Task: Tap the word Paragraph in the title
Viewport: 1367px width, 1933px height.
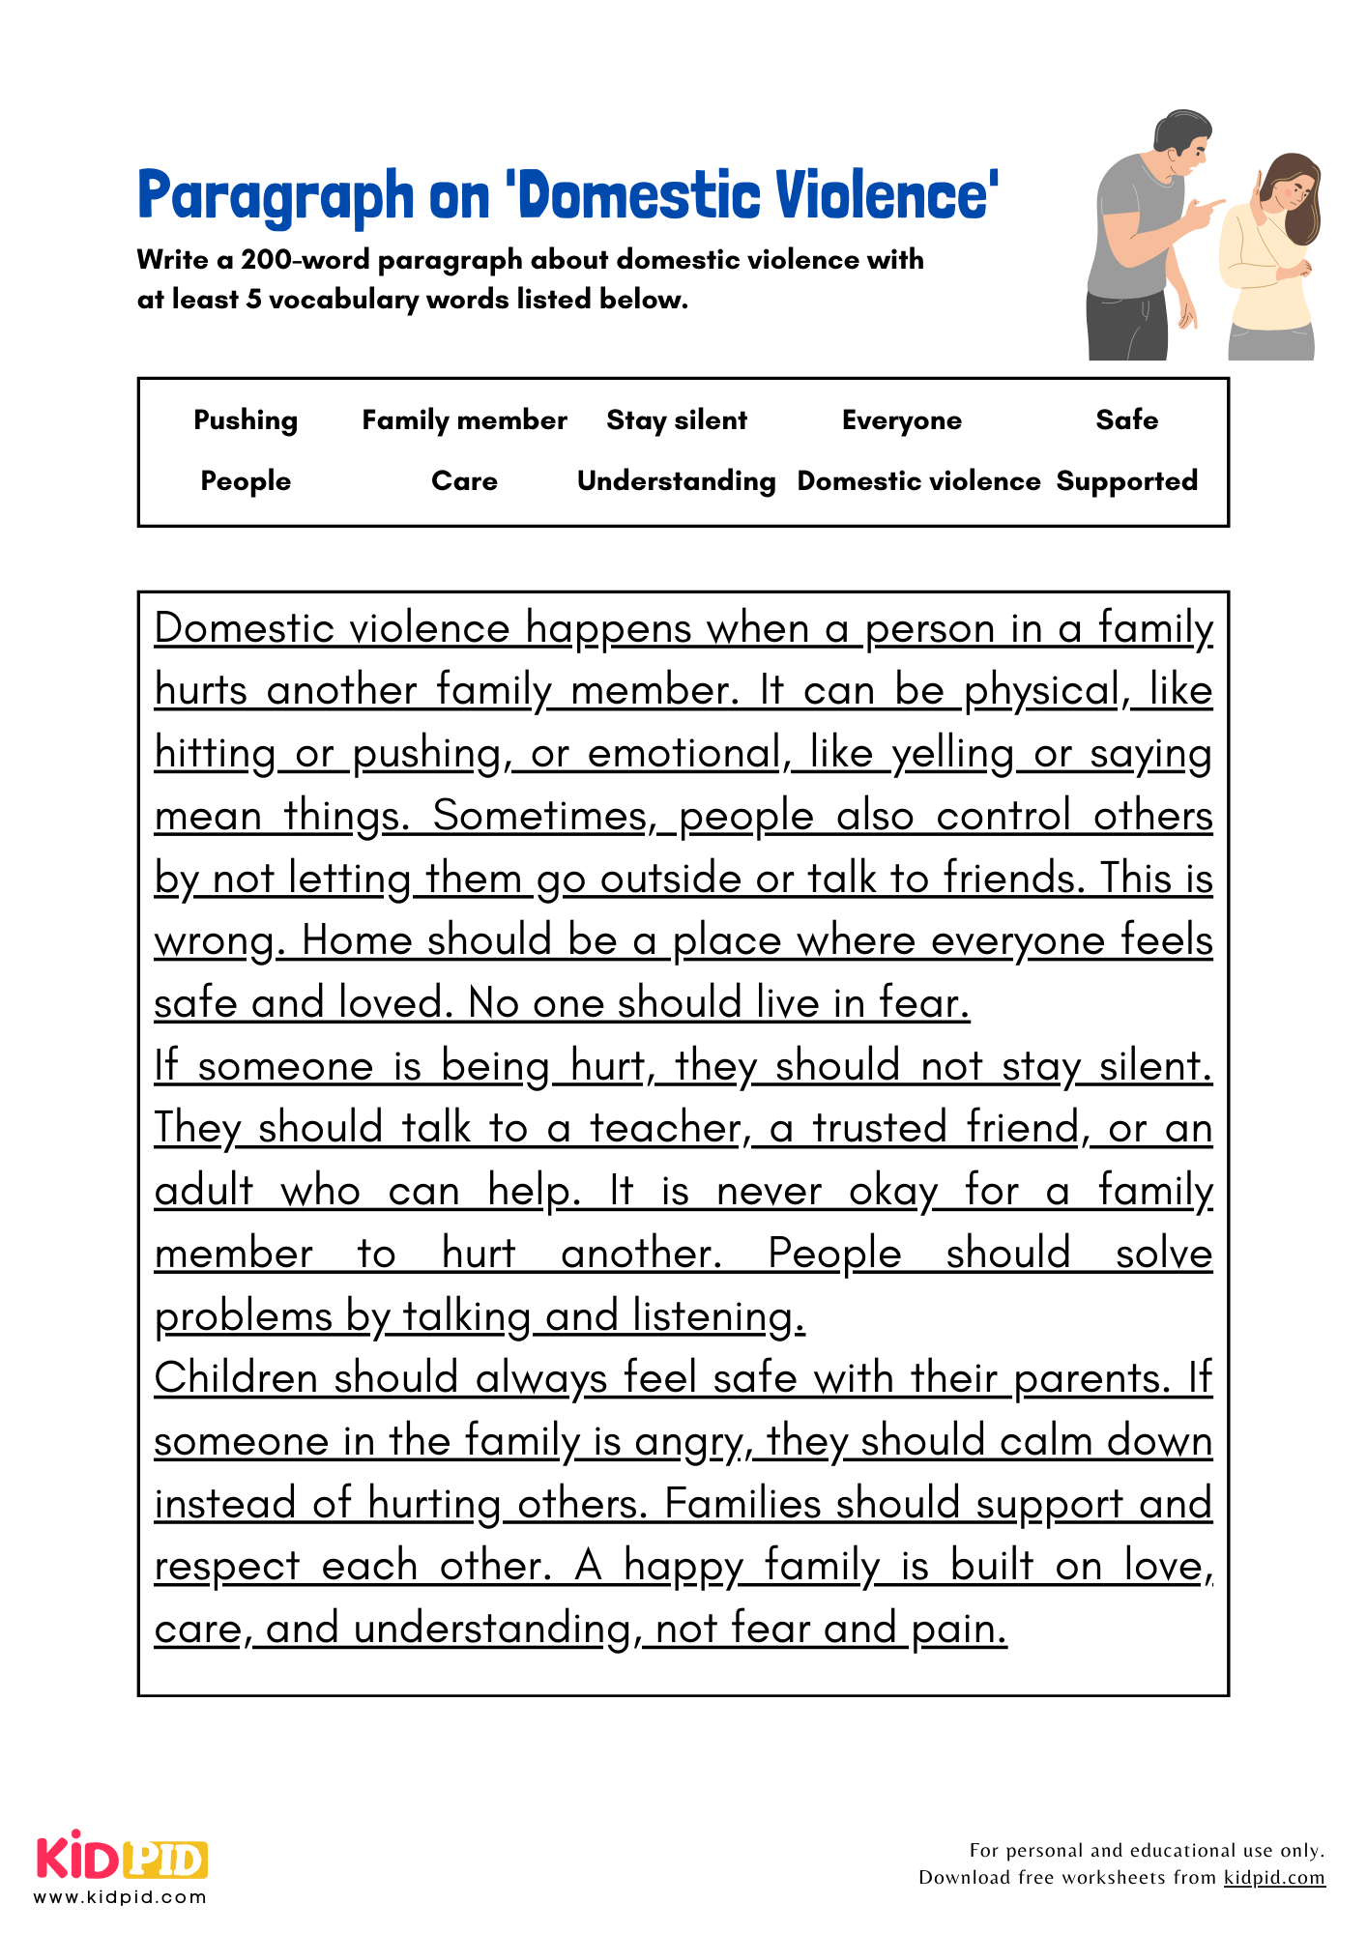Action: pyautogui.click(x=276, y=197)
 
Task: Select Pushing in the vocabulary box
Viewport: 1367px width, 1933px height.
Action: pyautogui.click(x=246, y=420)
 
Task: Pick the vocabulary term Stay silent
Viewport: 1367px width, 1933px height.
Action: pyautogui.click(x=677, y=420)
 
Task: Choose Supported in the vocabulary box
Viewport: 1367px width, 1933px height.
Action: pyautogui.click(x=1126, y=481)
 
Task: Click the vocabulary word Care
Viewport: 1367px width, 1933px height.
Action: pyautogui.click(x=464, y=481)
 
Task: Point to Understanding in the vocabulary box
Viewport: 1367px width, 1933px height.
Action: pyautogui.click(x=677, y=481)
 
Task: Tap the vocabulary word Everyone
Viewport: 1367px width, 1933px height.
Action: pyautogui.click(x=901, y=420)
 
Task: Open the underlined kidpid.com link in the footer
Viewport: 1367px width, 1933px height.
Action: pyautogui.click(x=1274, y=1877)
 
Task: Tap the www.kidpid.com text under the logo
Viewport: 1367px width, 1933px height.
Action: pyautogui.click(x=121, y=1897)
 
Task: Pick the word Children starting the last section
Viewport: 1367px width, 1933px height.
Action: pyautogui.click(x=237, y=1378)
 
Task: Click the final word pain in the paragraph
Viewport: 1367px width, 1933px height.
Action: pyautogui.click(x=957, y=1630)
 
